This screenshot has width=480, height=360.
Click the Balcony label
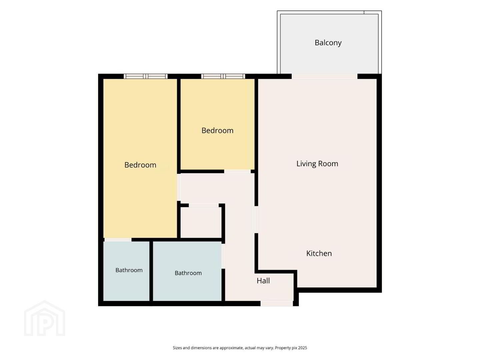328,43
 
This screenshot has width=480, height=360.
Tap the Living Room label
317,164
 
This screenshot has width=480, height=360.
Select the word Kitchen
319,253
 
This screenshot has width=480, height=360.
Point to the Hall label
263,281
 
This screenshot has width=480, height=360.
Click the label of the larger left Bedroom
140,165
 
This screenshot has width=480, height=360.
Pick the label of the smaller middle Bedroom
217,130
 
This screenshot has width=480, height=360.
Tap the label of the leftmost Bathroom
129,270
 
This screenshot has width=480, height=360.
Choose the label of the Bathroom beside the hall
188,273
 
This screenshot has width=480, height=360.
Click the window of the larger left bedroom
146,76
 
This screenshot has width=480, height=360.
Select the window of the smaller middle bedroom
223,76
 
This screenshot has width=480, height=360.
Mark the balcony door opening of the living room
325,76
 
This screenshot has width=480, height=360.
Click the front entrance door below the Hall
277,303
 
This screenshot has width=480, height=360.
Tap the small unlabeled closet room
201,222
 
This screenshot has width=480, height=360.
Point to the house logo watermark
44,318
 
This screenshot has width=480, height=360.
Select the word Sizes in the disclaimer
177,348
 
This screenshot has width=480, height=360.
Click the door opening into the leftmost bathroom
118,240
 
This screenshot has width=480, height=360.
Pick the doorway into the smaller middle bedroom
237,172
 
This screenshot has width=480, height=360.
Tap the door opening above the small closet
204,205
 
